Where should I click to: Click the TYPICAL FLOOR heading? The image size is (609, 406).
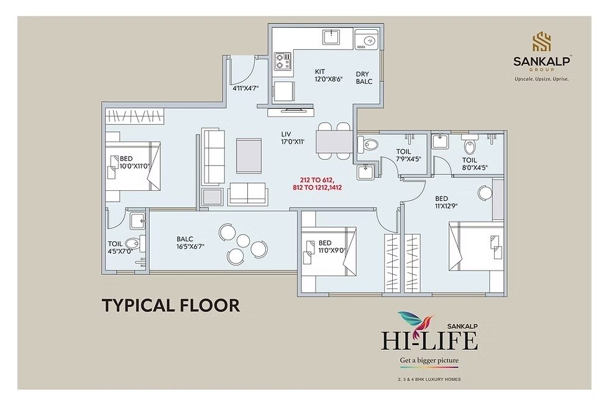click(x=170, y=305)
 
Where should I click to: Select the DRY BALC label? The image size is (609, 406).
click(x=364, y=78)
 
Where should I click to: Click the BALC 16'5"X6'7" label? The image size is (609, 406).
click(x=190, y=242)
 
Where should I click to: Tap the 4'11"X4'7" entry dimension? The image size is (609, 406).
click(x=245, y=88)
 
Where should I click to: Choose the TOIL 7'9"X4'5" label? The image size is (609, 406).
click(x=408, y=155)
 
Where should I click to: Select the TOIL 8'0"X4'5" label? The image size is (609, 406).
click(x=474, y=163)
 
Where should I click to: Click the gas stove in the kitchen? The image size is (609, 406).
click(x=283, y=60)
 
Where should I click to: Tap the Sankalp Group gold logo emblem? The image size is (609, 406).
click(x=538, y=42)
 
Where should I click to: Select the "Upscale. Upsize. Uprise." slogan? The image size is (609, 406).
click(x=538, y=79)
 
